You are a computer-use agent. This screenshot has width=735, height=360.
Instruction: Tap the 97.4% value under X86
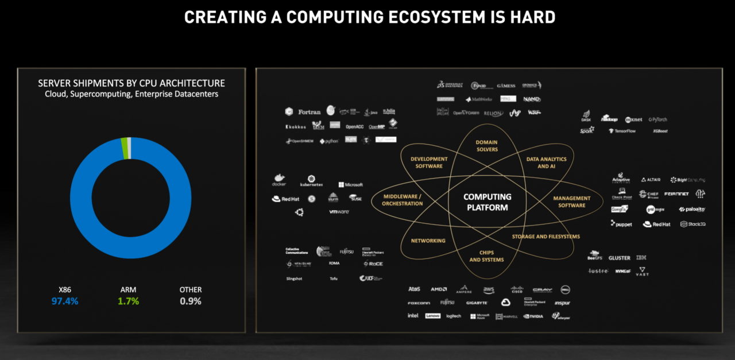pyautogui.click(x=64, y=301)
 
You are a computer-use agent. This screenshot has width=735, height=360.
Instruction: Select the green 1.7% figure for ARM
pyautogui.click(x=128, y=301)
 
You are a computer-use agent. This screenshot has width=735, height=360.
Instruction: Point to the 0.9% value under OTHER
pyautogui.click(x=191, y=301)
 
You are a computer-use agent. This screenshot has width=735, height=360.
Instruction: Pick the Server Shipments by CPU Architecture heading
pyautogui.click(x=131, y=83)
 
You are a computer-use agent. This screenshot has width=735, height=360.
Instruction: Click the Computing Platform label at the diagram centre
pyautogui.click(x=487, y=202)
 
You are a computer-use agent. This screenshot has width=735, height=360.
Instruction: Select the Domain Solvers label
pyautogui.click(x=487, y=146)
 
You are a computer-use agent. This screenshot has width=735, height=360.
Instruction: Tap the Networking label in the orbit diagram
pyautogui.click(x=428, y=241)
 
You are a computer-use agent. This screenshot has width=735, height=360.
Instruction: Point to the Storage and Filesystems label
pyautogui.click(x=546, y=237)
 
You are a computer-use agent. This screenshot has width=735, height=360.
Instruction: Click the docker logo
pyautogui.click(x=279, y=181)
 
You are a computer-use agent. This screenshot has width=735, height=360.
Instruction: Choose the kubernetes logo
pyautogui.click(x=311, y=181)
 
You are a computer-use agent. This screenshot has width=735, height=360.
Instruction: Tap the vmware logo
pyautogui.click(x=339, y=212)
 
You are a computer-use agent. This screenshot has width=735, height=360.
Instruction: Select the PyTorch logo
pyautogui.click(x=658, y=119)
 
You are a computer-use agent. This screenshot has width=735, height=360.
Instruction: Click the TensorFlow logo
pyautogui.click(x=622, y=131)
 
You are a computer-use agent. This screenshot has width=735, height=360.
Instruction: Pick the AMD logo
pyautogui.click(x=439, y=289)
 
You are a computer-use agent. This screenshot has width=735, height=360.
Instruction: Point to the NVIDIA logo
pyautogui.click(x=533, y=316)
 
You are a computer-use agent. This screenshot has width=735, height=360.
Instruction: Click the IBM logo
pyautogui.click(x=641, y=258)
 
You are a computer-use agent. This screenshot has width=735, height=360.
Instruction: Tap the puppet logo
pyautogui.click(x=622, y=224)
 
